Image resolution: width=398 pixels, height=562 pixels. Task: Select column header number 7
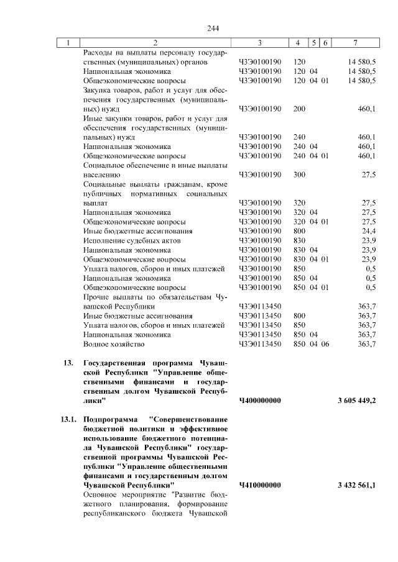354,42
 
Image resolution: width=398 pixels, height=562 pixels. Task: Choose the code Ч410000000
260,484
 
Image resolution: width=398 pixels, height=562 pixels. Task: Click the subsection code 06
324,343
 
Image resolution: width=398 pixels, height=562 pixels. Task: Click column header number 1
68,42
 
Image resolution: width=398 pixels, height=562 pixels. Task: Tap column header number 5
315,42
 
